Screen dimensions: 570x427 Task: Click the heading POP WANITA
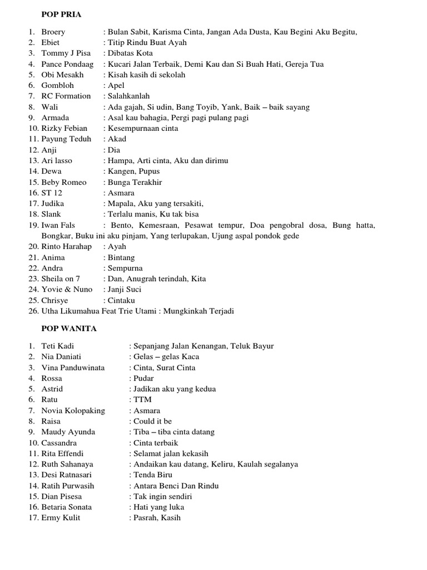[69, 328]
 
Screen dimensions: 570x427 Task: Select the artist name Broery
[53, 32]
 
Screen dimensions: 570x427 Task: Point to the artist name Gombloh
[57, 85]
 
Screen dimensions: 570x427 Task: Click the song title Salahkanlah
[129, 96]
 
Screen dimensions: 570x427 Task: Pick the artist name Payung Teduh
[66, 139]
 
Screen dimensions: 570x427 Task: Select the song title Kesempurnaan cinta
[143, 128]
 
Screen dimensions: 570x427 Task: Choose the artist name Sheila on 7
[61, 279]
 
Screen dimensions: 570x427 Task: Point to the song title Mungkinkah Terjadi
[198, 311]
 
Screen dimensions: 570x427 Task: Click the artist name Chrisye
[55, 301]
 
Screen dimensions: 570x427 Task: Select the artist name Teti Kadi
[57, 346]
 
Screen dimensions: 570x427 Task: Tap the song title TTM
[142, 400]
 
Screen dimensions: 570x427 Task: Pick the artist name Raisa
[51, 421]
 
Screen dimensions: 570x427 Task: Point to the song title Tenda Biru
[153, 475]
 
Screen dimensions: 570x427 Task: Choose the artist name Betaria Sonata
[67, 507]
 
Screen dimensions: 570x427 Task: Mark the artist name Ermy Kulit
[61, 518]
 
